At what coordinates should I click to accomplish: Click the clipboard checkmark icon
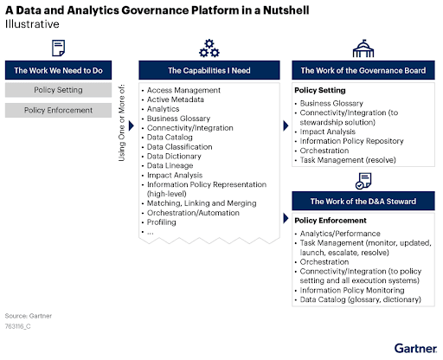363,182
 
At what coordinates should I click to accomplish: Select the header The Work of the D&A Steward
362,202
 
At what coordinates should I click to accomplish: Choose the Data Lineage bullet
173,165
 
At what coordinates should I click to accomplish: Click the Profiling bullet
167,222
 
